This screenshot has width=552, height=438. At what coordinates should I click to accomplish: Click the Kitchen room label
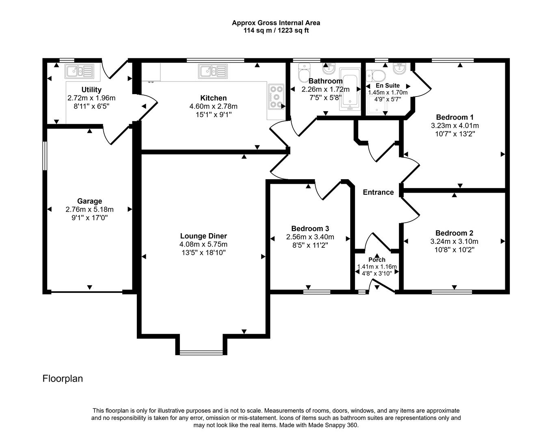coord(213,98)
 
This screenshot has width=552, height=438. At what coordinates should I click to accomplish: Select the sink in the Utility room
coord(80,71)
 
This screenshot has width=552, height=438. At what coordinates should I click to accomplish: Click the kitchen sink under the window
coord(212,72)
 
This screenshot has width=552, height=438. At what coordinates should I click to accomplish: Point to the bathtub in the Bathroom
coord(350,90)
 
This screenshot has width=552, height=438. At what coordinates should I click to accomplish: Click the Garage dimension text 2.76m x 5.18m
coord(89,210)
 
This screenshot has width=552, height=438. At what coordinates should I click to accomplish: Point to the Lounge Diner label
coord(203,236)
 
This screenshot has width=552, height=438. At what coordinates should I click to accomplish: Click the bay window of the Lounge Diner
coord(201,352)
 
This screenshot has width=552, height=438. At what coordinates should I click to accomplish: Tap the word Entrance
coord(378,192)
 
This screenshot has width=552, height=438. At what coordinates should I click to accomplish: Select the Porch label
coord(377,260)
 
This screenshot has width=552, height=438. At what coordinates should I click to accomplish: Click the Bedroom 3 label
coord(310,228)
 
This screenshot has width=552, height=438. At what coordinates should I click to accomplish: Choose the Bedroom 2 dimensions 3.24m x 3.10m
coord(454,241)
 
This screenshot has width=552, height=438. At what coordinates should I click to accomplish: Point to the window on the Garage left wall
coord(45,155)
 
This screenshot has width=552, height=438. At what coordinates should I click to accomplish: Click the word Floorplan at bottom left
coord(63,378)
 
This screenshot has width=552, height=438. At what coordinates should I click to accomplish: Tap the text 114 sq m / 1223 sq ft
coord(276,30)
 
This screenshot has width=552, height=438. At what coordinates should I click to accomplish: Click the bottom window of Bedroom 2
coord(452,292)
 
